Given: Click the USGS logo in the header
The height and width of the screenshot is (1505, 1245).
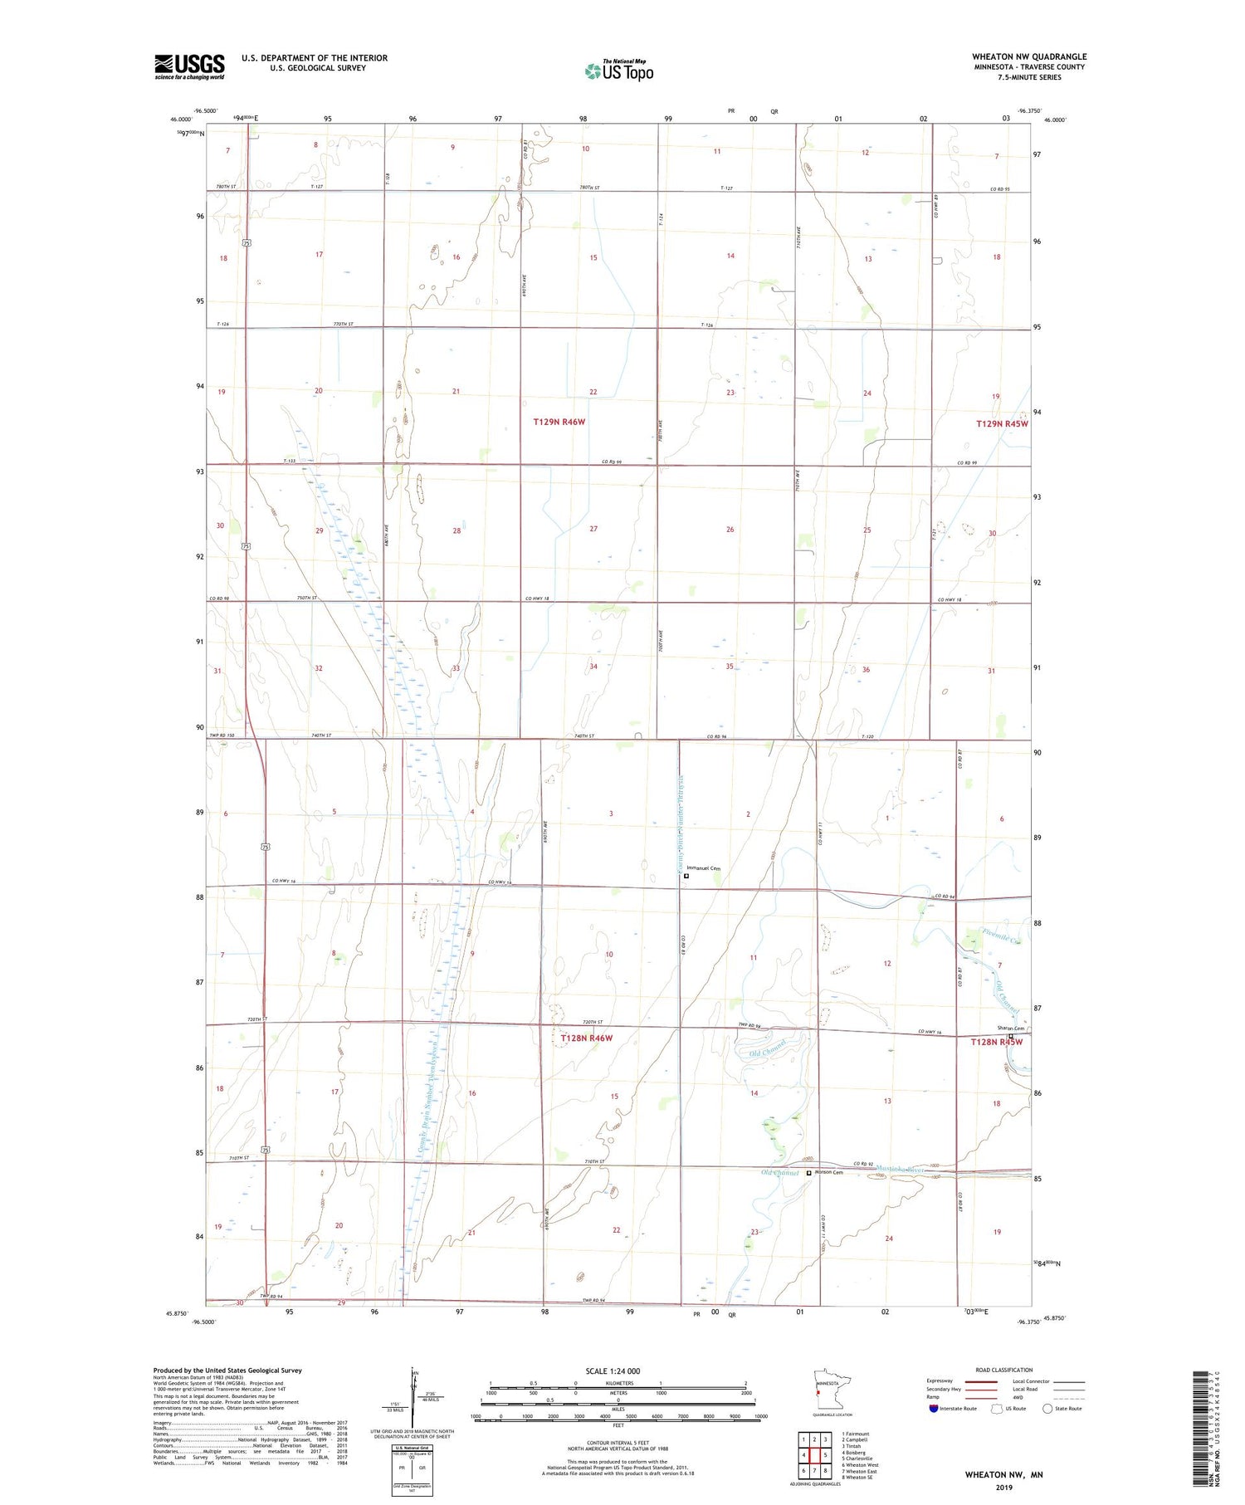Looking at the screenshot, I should [x=189, y=66].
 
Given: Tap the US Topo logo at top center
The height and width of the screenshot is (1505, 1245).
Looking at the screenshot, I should [x=619, y=71].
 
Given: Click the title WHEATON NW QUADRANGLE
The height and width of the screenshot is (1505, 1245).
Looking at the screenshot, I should [x=1029, y=56].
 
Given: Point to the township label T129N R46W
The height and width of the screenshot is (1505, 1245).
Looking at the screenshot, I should [x=559, y=422].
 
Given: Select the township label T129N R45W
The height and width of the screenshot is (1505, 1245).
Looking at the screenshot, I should [x=1002, y=423].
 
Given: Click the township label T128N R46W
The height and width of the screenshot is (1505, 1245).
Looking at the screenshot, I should [x=586, y=1038].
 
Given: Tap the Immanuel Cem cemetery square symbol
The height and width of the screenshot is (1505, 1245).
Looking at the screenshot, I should [x=686, y=875].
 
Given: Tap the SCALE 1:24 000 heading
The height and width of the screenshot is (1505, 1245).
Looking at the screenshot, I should [x=618, y=1371].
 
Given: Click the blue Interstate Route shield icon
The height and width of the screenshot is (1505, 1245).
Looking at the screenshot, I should [x=934, y=1408].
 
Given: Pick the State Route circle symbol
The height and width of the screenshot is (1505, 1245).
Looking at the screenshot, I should [x=1047, y=1408].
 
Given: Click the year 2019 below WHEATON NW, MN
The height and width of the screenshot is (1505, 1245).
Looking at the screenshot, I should [x=1003, y=1488].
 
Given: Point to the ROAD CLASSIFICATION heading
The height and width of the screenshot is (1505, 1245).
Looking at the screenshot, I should [x=1003, y=1370].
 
